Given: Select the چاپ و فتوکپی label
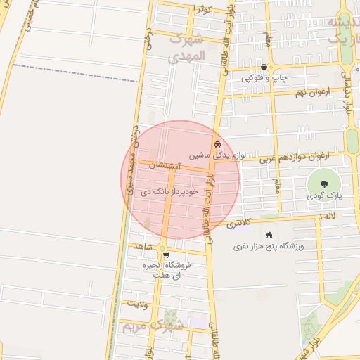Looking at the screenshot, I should [264, 78].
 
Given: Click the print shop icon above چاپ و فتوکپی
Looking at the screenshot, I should [264, 67].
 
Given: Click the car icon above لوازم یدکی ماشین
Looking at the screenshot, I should [217, 143].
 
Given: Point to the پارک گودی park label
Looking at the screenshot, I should [324, 196].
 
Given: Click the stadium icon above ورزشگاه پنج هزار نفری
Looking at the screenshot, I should [268, 236].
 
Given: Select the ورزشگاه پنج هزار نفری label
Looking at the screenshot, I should [267, 247].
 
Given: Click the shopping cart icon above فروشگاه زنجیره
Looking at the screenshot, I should [166, 256].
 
